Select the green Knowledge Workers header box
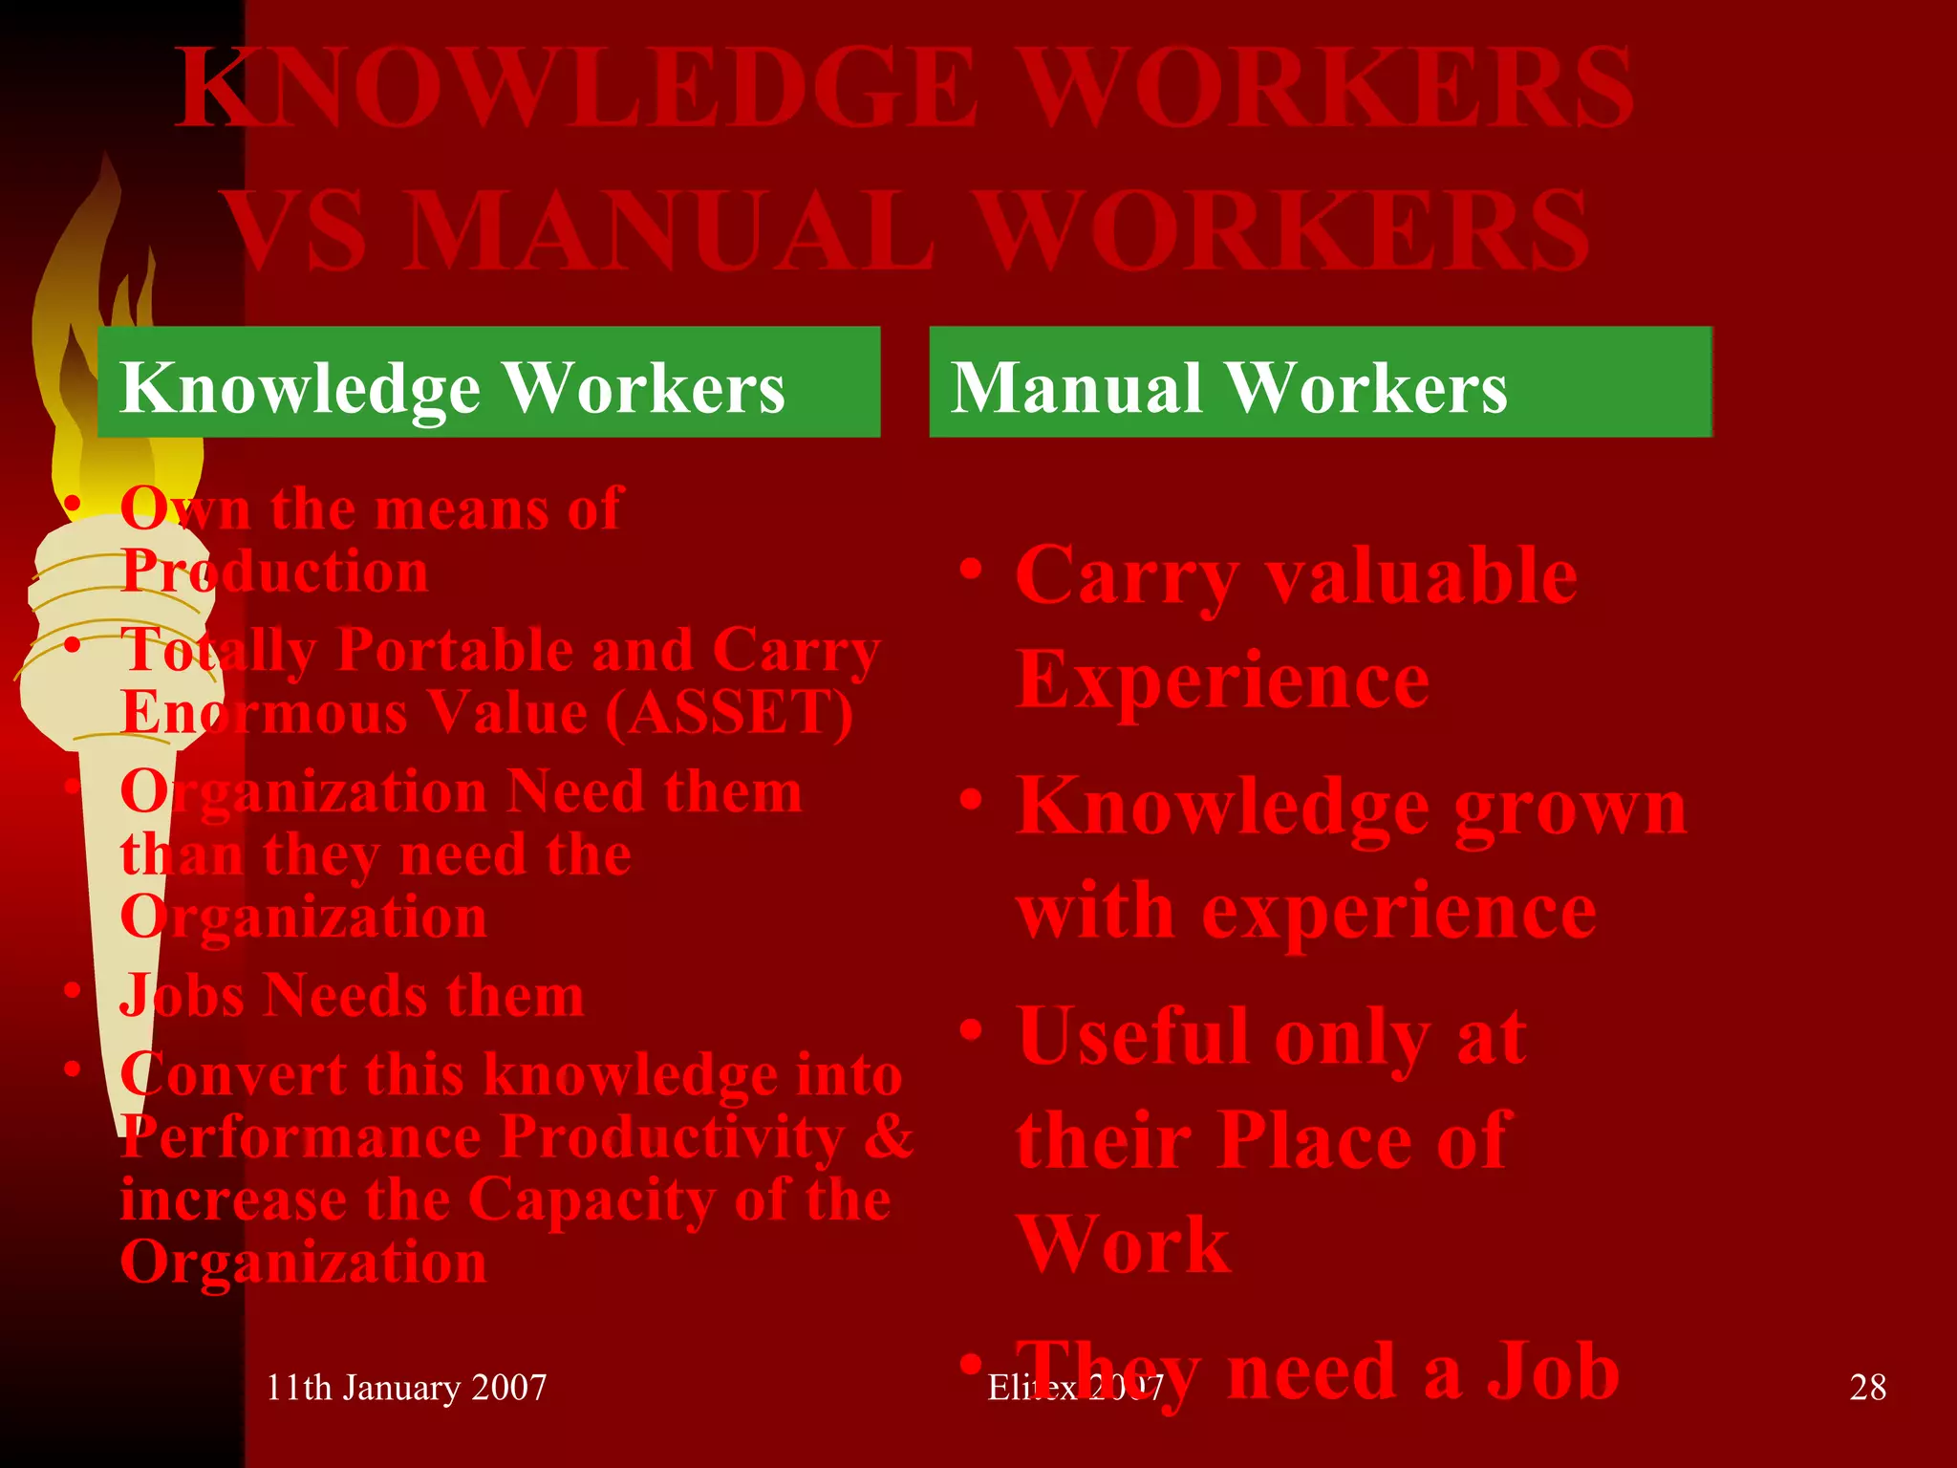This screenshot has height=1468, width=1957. pyautogui.click(x=488, y=382)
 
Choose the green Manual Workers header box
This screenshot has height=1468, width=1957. pyautogui.click(x=1320, y=382)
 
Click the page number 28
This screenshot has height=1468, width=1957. pyautogui.click(x=1867, y=1387)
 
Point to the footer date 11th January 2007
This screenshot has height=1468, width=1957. pyautogui.click(x=406, y=1387)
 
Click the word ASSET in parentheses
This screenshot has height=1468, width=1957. pyautogui.click(x=729, y=712)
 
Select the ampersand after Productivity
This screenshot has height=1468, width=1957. pyautogui.click(x=889, y=1137)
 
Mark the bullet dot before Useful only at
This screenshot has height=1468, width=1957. pyautogui.click(x=972, y=1030)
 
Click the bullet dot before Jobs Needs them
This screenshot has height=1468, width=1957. pyautogui.click(x=73, y=990)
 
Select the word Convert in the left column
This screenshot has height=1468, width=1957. pyautogui.click(x=233, y=1074)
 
